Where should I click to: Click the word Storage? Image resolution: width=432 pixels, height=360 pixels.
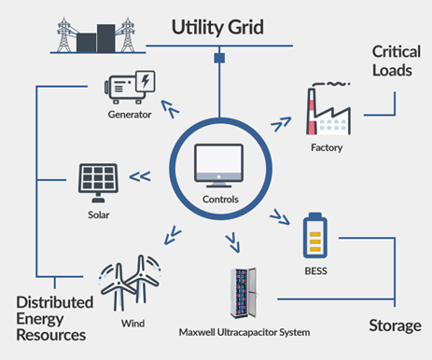(x=391, y=325)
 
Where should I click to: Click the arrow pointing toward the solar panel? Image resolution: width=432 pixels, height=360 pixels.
(x=140, y=175)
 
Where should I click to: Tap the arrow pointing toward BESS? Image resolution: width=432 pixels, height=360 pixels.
(x=278, y=219)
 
